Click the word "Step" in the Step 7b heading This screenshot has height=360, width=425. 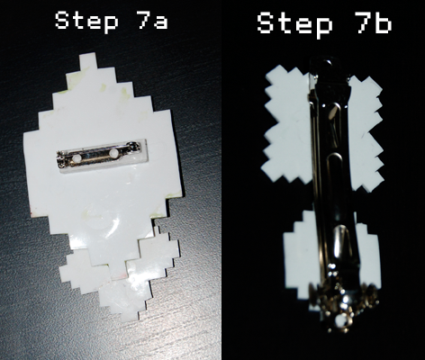pos(294,24)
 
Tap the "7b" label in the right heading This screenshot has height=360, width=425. pos(370,24)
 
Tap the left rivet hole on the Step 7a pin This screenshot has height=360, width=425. pos(76,157)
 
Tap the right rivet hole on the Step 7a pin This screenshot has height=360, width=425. pos(113,155)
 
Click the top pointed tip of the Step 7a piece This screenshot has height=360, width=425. pos(87,59)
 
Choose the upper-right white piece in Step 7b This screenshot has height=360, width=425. pos(366,112)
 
